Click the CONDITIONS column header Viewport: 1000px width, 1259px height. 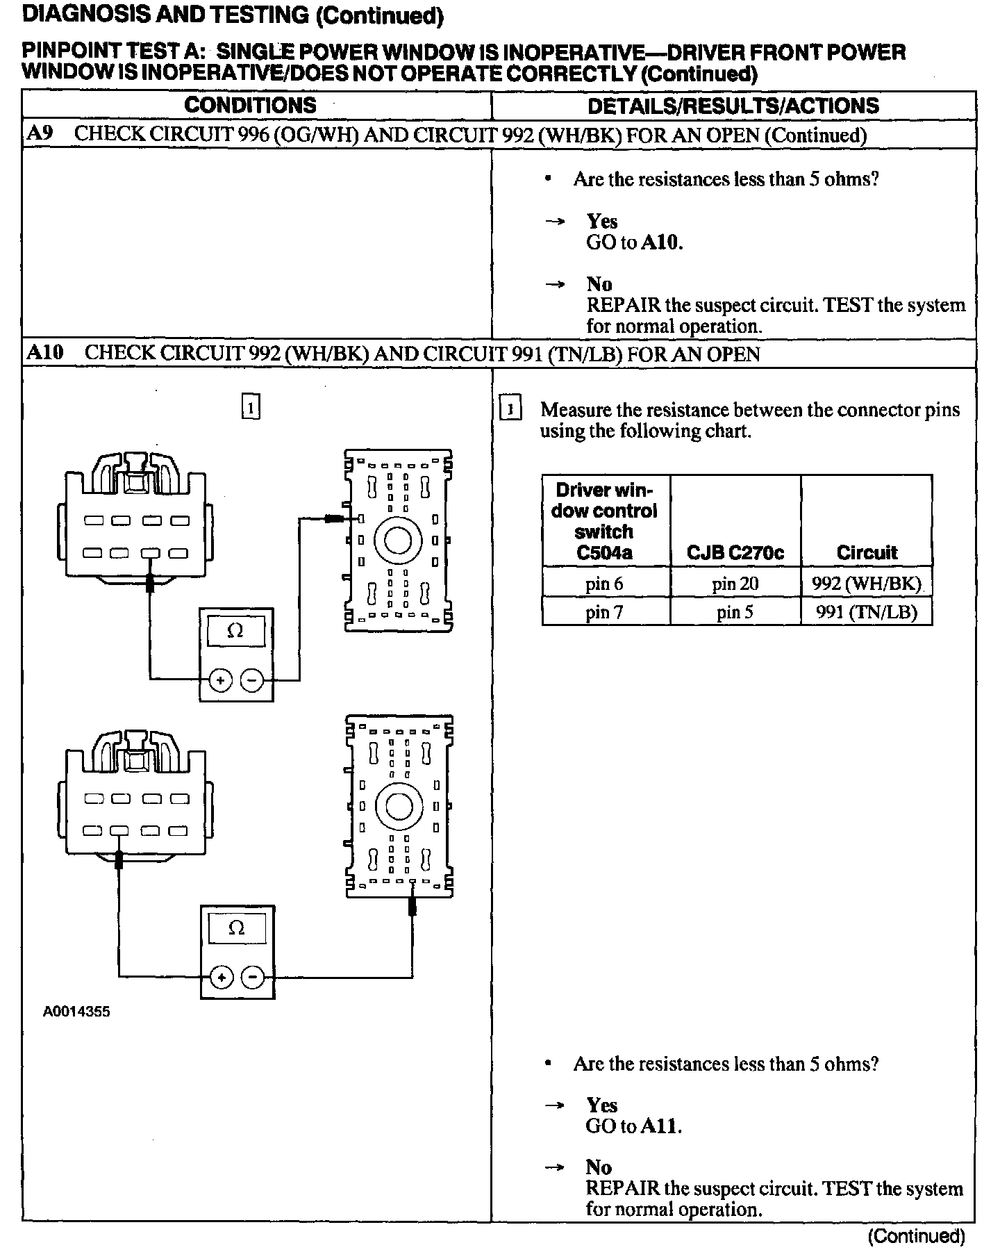click(x=250, y=106)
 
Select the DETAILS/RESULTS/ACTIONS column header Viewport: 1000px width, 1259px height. click(x=733, y=106)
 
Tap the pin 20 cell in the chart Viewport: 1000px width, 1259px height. click(x=735, y=583)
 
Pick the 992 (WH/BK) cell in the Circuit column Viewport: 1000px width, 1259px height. click(x=866, y=583)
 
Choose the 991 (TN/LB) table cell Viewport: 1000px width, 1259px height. click(x=866, y=612)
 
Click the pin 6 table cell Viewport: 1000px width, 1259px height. click(x=604, y=583)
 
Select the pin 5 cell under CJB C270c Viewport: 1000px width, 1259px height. click(x=735, y=612)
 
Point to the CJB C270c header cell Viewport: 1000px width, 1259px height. click(x=735, y=552)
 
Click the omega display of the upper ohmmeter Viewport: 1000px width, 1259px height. click(x=236, y=632)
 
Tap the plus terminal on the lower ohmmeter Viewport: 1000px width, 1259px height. click(x=221, y=978)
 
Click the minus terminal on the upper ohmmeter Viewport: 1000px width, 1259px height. click(x=252, y=681)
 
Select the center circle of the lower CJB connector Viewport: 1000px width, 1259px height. click(x=399, y=806)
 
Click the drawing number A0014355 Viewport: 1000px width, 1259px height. click(x=76, y=1012)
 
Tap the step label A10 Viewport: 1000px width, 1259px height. click(x=45, y=353)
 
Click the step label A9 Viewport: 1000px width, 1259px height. click(x=40, y=133)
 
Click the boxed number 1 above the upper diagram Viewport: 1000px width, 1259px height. click(x=251, y=406)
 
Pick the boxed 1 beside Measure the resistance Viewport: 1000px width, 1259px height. click(x=510, y=409)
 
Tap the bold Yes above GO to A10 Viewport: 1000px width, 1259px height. click(x=602, y=221)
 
